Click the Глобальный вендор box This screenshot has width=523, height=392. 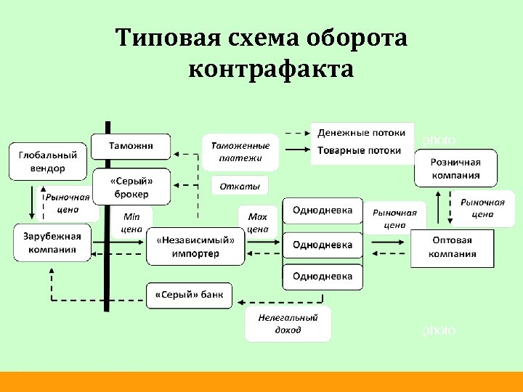coord(48,161)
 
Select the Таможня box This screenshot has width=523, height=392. coord(131,146)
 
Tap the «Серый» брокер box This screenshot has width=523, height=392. coord(131,187)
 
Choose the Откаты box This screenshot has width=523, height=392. coord(239,186)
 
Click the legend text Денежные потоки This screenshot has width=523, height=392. coord(361,134)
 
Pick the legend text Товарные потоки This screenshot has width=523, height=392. coord(360,150)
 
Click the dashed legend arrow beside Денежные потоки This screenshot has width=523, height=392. coord(296,134)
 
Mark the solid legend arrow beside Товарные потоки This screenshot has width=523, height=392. coord(296,150)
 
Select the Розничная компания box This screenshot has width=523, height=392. coord(455,168)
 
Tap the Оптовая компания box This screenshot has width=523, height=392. coord(453,248)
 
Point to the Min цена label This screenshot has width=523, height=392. coord(131,223)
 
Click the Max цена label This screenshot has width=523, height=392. coord(257,223)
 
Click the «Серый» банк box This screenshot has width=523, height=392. coord(190,295)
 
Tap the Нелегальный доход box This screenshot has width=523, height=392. coord(288,324)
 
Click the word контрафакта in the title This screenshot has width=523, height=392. coord(270,70)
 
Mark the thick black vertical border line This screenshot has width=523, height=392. coord(108,218)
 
